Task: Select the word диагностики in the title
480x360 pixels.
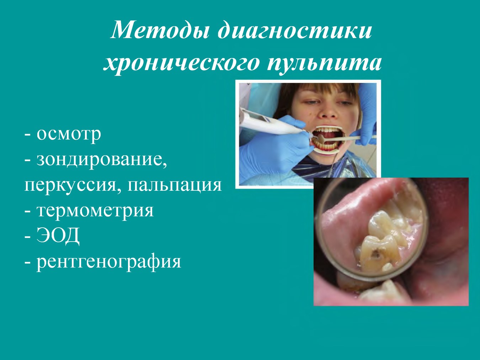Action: (294, 30)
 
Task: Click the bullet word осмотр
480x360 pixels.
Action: (69, 134)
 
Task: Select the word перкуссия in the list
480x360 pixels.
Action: (70, 185)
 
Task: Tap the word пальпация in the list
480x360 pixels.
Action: (174, 185)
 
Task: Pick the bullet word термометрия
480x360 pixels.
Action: (95, 211)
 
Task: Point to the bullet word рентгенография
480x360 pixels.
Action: (109, 261)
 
